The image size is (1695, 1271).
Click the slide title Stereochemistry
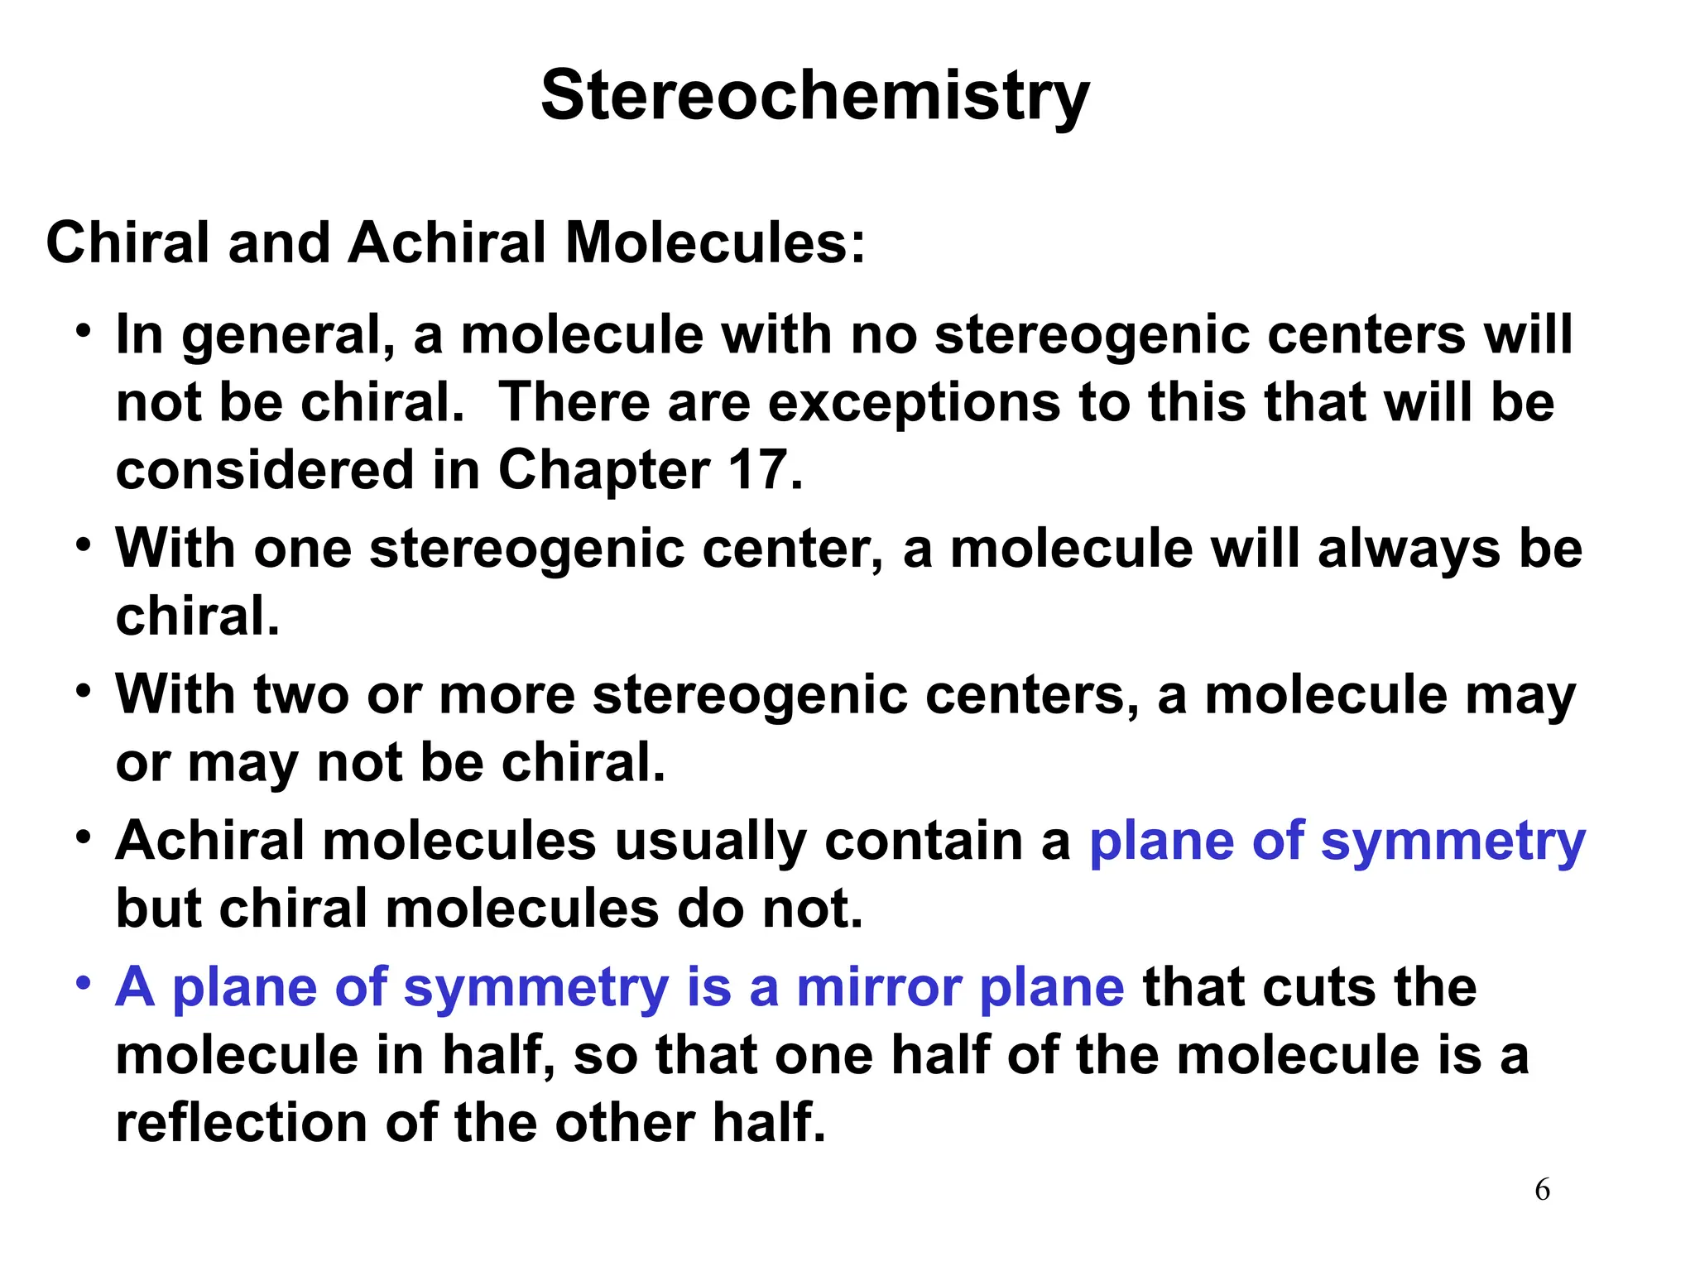[x=814, y=96]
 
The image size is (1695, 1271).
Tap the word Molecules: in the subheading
[x=715, y=243]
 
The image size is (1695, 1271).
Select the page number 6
[x=1542, y=1190]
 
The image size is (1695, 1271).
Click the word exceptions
[x=914, y=403]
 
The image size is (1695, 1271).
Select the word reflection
[x=241, y=1123]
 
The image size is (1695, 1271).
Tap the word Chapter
[x=603, y=470]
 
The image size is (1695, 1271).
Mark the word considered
[x=264, y=470]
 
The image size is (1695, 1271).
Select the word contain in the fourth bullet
[x=923, y=841]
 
